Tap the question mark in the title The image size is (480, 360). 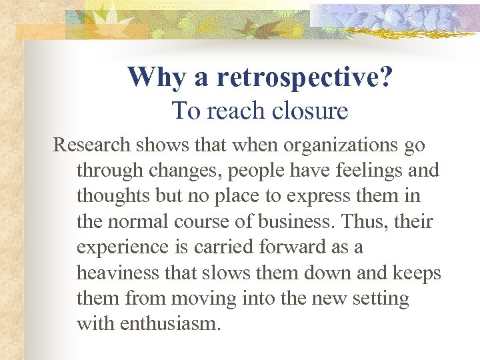point(385,77)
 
